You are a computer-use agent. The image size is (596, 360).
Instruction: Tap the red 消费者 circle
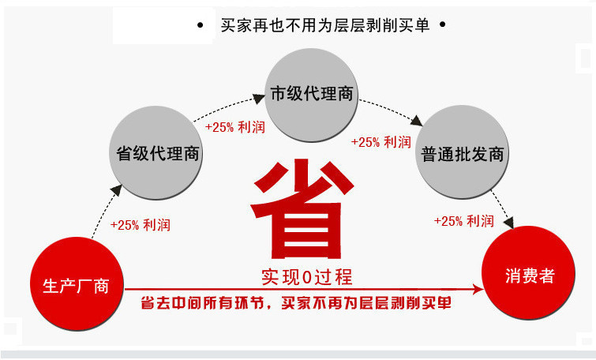click(x=530, y=276)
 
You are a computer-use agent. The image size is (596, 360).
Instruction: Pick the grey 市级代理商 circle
click(x=310, y=93)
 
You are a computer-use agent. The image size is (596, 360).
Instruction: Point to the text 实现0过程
click(x=306, y=276)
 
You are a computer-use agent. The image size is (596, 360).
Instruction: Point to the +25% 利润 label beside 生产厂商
click(x=141, y=224)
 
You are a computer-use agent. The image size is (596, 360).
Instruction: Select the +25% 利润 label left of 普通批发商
click(x=381, y=142)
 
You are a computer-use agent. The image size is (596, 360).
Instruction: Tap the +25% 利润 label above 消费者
click(x=464, y=221)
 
